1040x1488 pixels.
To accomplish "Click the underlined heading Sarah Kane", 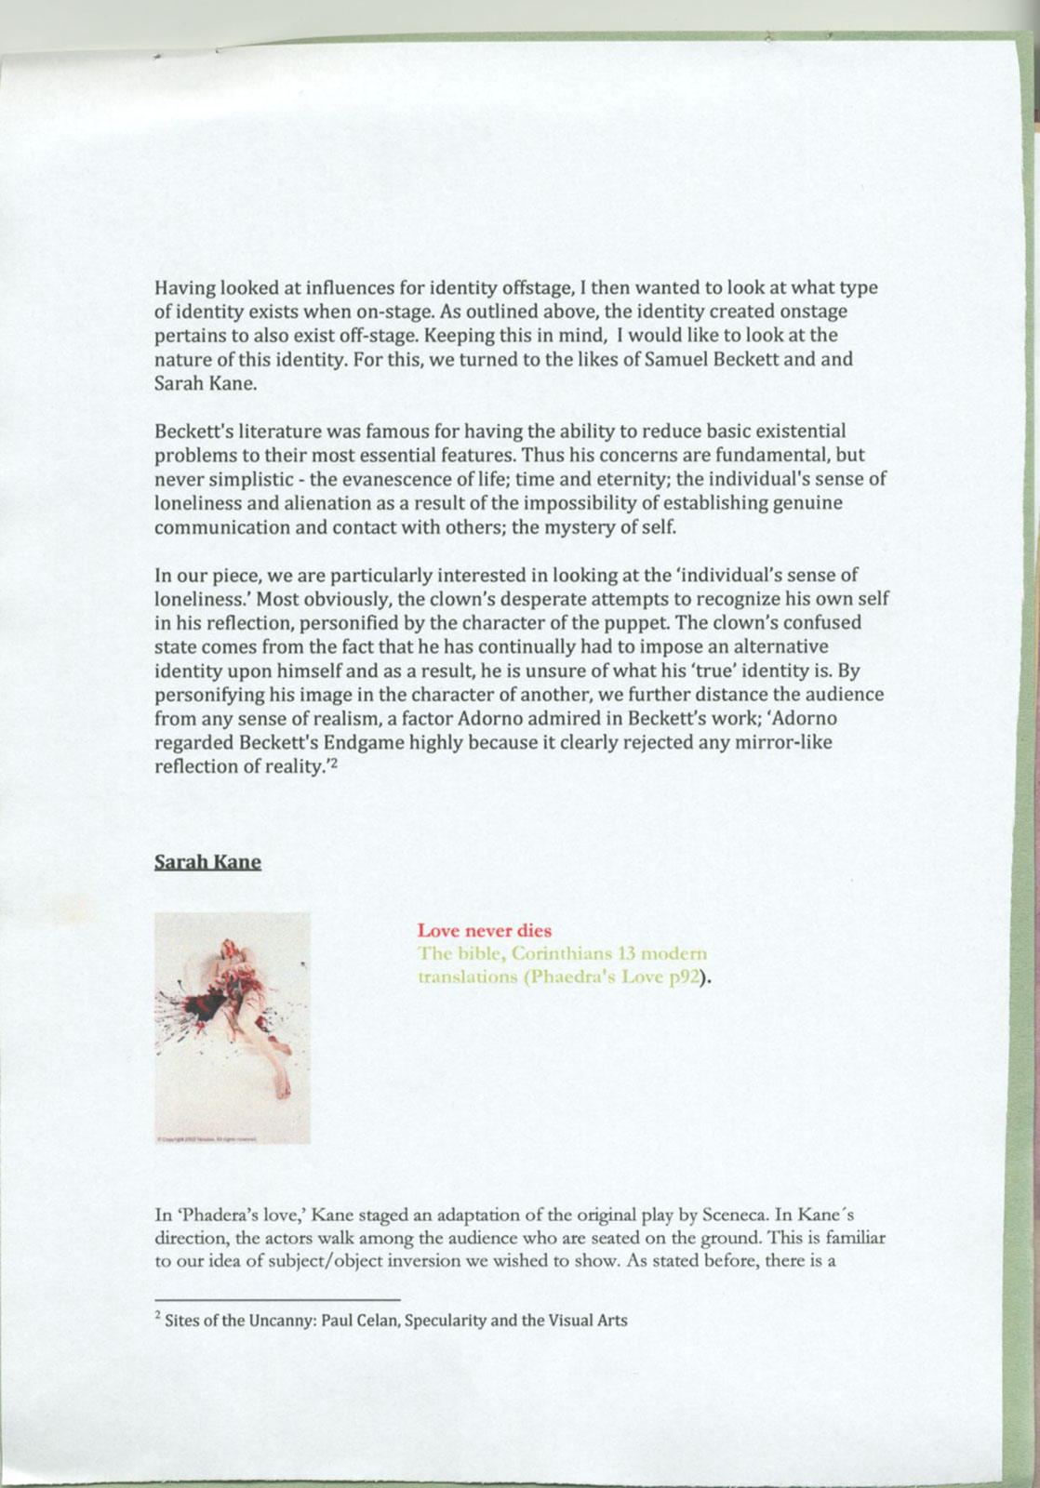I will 207,861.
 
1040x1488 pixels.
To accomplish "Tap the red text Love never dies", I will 484,930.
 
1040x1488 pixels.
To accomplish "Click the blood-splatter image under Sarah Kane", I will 232,1028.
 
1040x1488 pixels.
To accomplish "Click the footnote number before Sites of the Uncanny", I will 158,1317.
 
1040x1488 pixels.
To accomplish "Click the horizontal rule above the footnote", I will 277,1299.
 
